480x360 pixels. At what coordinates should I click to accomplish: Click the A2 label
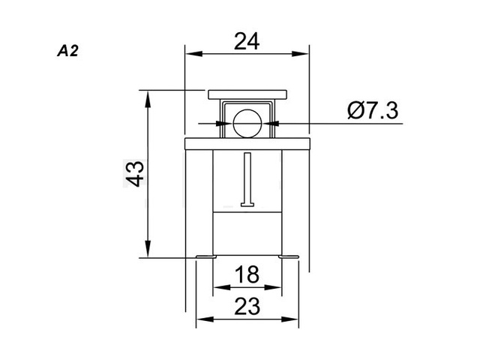[67, 52]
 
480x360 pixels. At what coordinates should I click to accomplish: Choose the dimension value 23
[247, 306]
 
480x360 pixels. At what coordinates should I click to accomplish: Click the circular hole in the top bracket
[247, 121]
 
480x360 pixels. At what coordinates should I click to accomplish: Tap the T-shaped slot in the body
[247, 180]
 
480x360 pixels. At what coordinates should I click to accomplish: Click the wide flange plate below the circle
[247, 143]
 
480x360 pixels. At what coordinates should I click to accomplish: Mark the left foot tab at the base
[205, 258]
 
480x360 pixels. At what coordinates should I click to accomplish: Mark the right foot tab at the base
[289, 258]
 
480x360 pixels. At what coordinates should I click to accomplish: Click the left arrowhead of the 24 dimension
[191, 53]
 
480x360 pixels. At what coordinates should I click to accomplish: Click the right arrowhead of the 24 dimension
[303, 53]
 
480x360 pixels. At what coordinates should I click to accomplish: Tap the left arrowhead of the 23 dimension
[202, 318]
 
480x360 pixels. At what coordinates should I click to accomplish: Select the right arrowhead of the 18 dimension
[276, 286]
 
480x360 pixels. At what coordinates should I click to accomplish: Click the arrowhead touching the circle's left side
[227, 121]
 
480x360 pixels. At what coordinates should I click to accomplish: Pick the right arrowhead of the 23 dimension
[292, 318]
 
